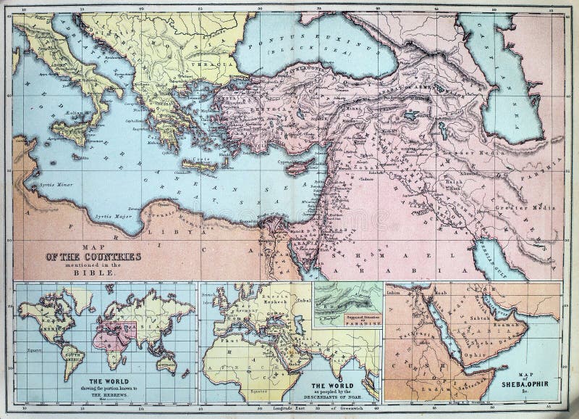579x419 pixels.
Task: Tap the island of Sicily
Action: click(73, 133)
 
